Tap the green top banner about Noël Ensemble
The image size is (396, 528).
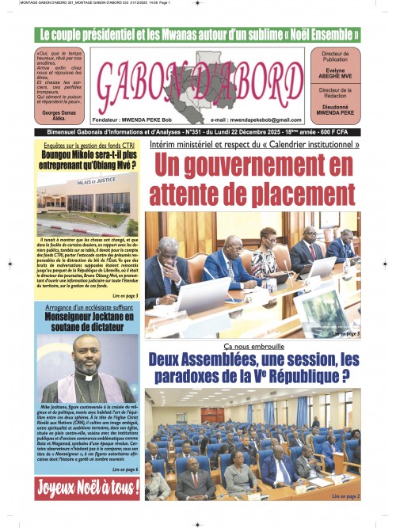(x=198, y=35)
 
